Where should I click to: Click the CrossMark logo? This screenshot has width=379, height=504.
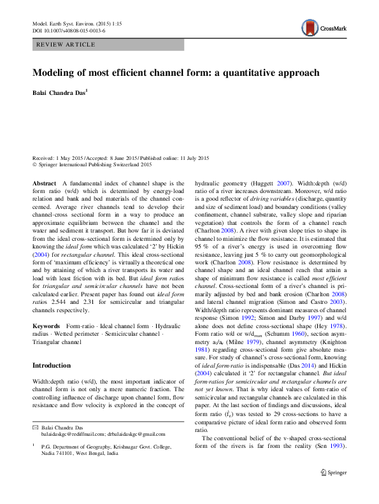pyautogui.click(x=319, y=27)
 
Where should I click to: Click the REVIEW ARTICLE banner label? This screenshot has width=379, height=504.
pyautogui.click(x=66, y=45)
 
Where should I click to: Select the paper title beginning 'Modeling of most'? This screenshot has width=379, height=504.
pyautogui.click(x=176, y=73)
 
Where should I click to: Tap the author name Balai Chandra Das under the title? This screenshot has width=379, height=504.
pyautogui.click(x=59, y=92)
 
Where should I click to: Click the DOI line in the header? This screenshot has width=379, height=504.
pyautogui.click(x=69, y=31)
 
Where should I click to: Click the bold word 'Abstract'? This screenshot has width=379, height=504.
pyautogui.click(x=44, y=182)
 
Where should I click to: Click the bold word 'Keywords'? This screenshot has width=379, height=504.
pyautogui.click(x=47, y=326)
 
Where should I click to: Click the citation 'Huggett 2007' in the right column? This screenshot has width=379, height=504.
pyautogui.click(x=261, y=182)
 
